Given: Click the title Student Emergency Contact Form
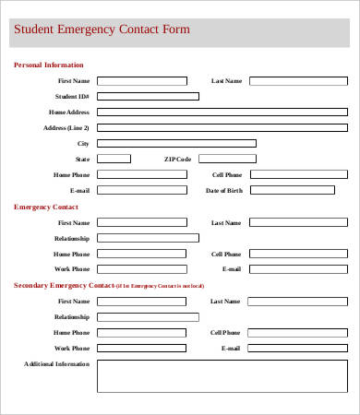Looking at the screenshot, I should tap(100, 30).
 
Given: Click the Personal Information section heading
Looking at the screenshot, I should tap(48, 65).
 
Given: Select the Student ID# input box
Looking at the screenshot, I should tap(148, 96).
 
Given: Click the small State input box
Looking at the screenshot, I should tap(114, 159).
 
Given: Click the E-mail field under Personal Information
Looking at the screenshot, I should tap(141, 190).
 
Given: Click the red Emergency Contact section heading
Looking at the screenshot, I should tap(45, 207).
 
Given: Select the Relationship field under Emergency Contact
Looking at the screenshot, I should tap(148, 238).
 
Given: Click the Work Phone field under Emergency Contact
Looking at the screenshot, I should tap(141, 269).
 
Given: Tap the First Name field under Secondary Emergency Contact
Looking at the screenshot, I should tap(141, 302).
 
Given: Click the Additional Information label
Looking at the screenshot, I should tap(56, 364).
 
